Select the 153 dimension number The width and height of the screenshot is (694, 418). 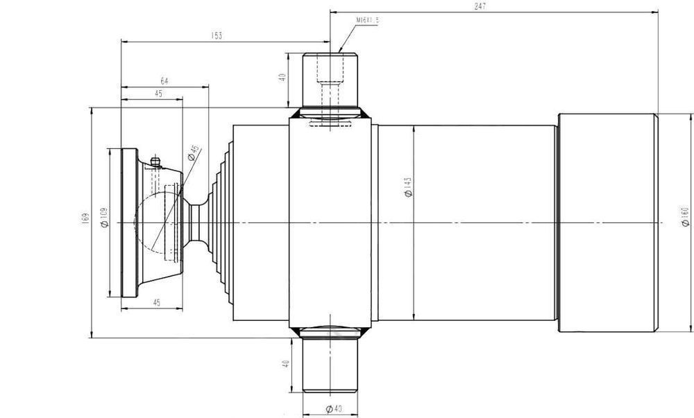point(217,36)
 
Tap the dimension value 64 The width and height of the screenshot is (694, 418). point(164,81)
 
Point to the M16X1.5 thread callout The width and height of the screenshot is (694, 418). point(367,21)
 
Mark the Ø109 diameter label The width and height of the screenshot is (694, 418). point(104,218)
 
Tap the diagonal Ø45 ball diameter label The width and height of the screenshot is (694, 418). point(194,152)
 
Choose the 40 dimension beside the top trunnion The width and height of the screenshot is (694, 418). point(282,78)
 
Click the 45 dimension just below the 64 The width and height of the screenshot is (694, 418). point(160,94)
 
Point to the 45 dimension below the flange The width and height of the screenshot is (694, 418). point(156,302)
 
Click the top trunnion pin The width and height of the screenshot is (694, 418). point(329,80)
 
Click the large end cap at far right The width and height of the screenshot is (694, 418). point(607,222)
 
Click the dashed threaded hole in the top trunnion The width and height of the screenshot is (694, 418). point(330,90)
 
